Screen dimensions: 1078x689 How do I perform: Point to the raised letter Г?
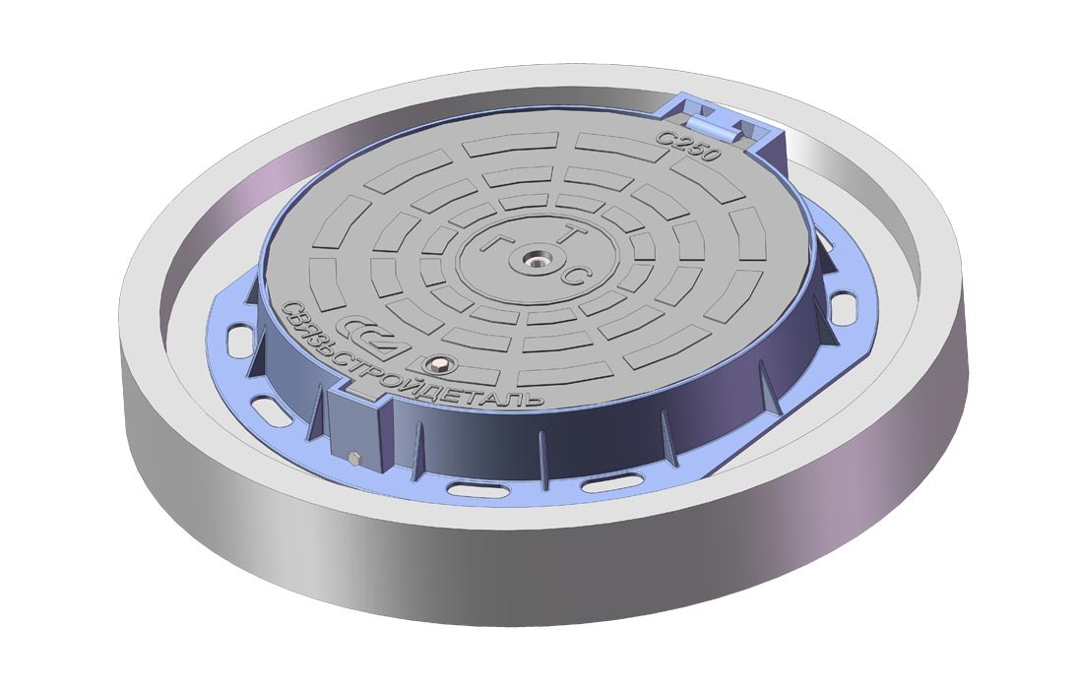pos(494,241)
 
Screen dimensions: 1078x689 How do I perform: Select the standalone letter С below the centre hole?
pos(574,277)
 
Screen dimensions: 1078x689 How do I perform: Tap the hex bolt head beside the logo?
pos(437,363)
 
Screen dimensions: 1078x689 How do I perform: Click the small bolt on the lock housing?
pos(354,458)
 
